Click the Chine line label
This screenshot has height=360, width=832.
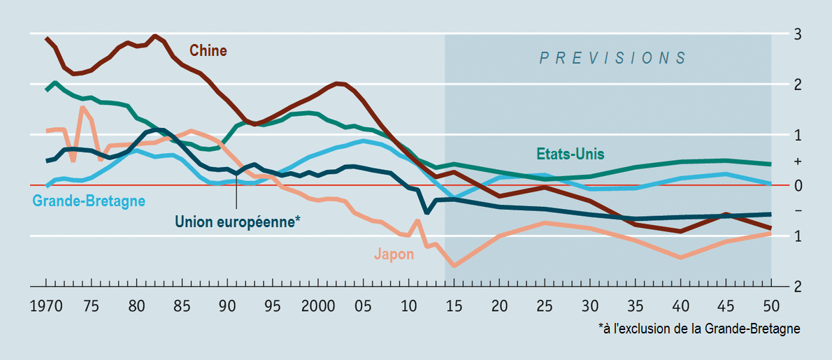click(x=208, y=50)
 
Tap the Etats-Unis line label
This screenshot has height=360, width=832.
click(x=570, y=154)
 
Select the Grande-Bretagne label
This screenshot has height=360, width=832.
click(x=89, y=201)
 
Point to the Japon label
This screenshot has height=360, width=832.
click(x=394, y=254)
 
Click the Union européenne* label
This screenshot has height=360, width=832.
click(x=238, y=222)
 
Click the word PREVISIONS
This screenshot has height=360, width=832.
click(x=612, y=58)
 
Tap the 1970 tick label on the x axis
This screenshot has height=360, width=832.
click(x=46, y=306)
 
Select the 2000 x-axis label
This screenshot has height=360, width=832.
click(x=318, y=306)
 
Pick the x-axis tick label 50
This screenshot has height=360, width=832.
click(x=771, y=306)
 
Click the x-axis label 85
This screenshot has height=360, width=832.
click(x=182, y=306)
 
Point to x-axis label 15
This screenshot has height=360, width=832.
click(x=454, y=306)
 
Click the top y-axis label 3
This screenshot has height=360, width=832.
click(x=797, y=34)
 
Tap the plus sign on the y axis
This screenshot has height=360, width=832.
click(x=797, y=161)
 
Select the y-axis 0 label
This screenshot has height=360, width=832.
click(x=797, y=185)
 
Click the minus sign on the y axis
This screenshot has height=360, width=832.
click(x=797, y=210)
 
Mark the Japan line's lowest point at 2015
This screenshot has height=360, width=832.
click(x=454, y=266)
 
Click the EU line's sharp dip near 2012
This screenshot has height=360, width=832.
click(x=426, y=212)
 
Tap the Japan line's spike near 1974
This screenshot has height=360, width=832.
click(x=83, y=108)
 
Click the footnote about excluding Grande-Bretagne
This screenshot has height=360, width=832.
click(x=699, y=329)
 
